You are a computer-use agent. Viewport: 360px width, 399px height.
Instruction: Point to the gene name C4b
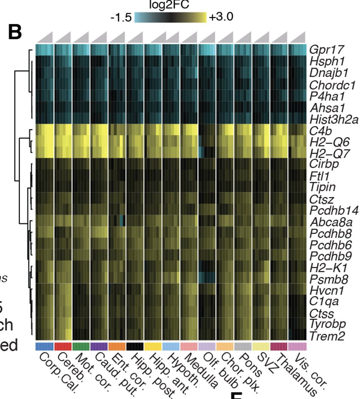[x=320, y=131]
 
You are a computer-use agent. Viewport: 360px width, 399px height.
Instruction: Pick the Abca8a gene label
[x=331, y=222]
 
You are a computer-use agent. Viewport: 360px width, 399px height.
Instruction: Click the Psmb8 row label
[x=328, y=279]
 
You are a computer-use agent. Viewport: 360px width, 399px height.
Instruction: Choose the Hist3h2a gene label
[x=333, y=119]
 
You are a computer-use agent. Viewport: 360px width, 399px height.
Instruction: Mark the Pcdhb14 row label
[x=334, y=210]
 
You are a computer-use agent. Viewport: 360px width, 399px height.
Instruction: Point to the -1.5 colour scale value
[x=121, y=17]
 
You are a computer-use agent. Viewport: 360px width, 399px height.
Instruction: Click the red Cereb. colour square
[x=63, y=346]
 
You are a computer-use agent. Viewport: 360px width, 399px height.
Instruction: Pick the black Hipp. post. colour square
[x=135, y=346]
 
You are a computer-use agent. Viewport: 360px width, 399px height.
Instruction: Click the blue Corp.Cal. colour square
[x=45, y=346]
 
